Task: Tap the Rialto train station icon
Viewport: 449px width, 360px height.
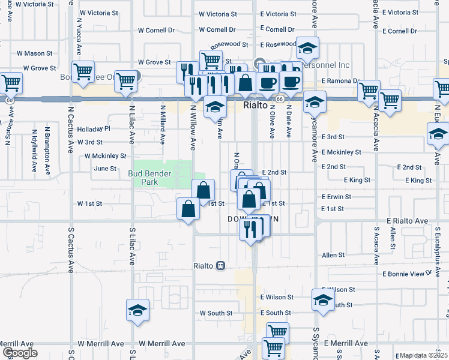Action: [221, 265]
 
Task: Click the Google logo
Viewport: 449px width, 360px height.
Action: [19, 353]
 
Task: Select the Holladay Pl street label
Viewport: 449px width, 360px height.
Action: [95, 128]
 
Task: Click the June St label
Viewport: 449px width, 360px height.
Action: [105, 169]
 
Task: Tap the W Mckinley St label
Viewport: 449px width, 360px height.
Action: [106, 155]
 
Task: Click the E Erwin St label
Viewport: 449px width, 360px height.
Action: [336, 196]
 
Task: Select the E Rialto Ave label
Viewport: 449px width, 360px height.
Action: [408, 221]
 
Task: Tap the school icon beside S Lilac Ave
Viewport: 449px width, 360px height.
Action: [138, 310]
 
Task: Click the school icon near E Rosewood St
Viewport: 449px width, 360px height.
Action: [307, 48]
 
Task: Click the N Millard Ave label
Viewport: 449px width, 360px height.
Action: [162, 125]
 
